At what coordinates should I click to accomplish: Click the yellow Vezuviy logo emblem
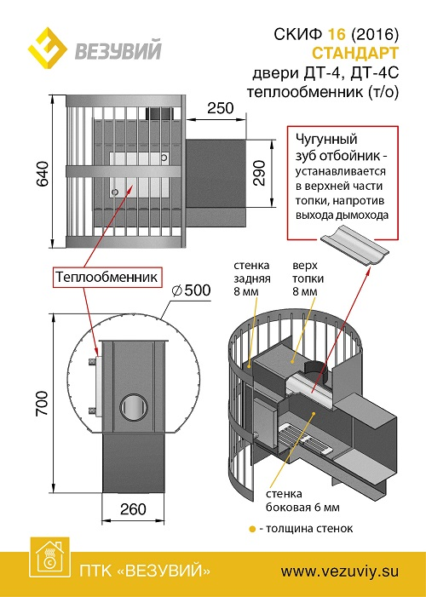(47, 48)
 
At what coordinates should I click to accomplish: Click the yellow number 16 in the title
(336, 35)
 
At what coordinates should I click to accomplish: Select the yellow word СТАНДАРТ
(355, 54)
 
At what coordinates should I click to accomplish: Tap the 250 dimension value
(220, 108)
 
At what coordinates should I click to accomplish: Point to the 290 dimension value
(259, 173)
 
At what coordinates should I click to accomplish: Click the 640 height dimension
(42, 174)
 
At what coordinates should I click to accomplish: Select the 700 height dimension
(42, 403)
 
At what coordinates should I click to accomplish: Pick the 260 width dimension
(133, 508)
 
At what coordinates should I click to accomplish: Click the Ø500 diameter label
(191, 290)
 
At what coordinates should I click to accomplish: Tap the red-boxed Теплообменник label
(106, 277)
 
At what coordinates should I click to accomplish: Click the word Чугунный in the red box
(326, 141)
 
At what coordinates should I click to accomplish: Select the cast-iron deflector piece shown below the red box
(354, 247)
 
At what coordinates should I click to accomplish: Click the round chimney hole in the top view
(134, 407)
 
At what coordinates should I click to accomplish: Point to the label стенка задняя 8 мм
(251, 278)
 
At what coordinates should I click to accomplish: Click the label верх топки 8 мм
(308, 278)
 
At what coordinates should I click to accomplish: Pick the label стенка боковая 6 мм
(302, 501)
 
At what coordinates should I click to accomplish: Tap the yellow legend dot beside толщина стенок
(252, 529)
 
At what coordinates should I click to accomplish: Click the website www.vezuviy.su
(339, 571)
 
